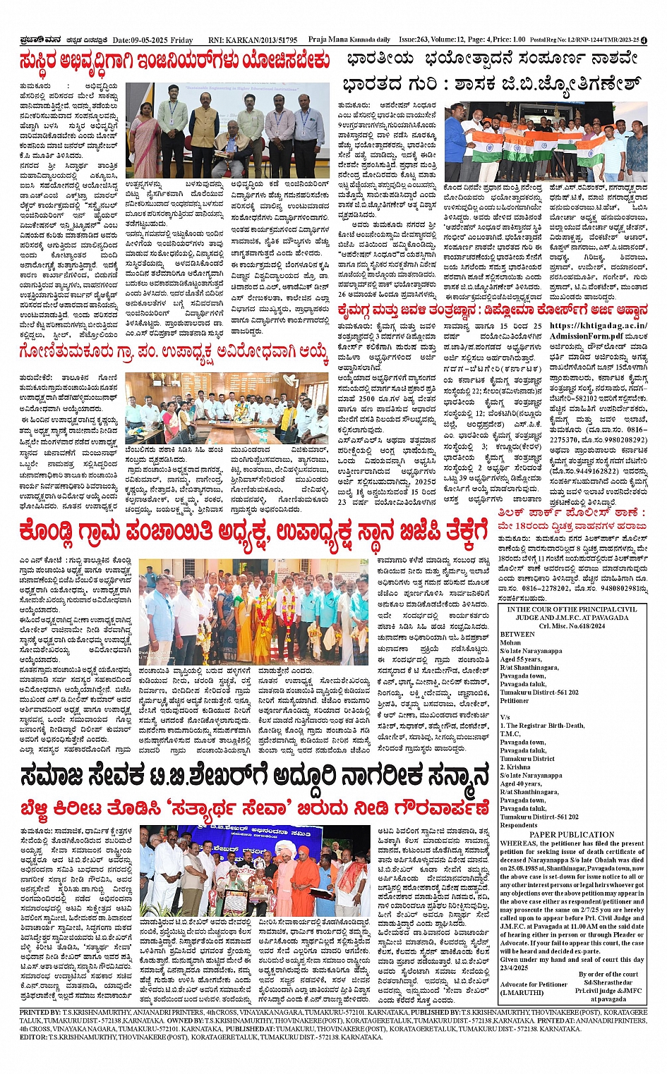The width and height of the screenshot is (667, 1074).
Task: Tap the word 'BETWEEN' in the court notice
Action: click(517, 634)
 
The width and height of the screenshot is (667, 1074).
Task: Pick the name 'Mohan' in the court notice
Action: click(510, 642)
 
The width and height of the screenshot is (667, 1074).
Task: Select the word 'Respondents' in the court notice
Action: click(519, 825)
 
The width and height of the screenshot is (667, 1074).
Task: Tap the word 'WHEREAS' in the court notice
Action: click(519, 843)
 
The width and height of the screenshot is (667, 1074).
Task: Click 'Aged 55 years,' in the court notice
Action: click(521, 659)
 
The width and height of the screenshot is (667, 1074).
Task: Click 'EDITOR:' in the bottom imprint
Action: click(33, 1037)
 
